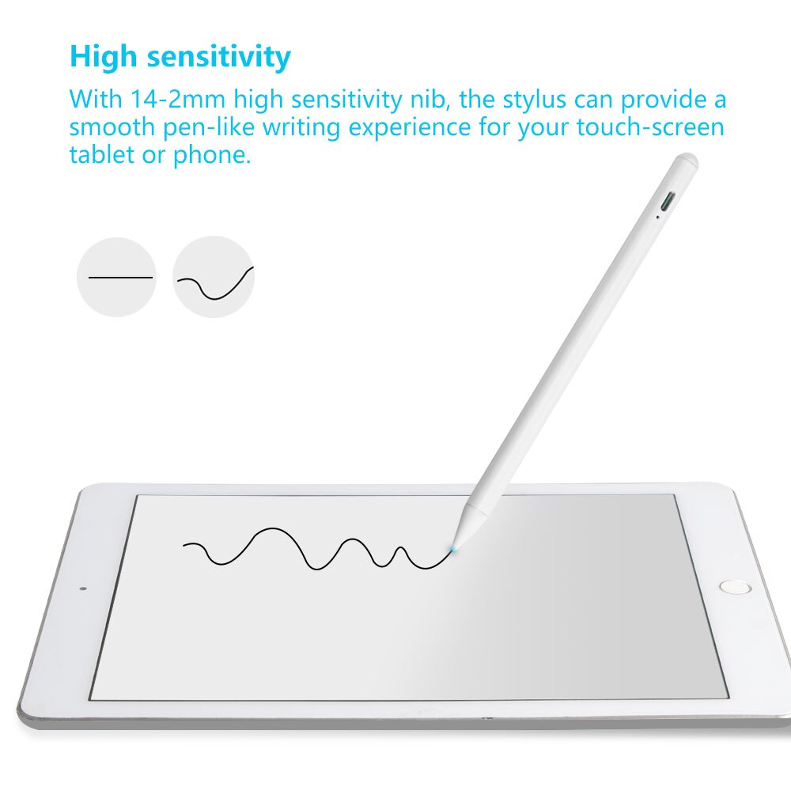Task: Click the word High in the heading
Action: click(104, 57)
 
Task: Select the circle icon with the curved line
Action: click(214, 278)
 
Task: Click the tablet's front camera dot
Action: click(83, 589)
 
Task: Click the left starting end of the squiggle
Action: click(184, 544)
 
